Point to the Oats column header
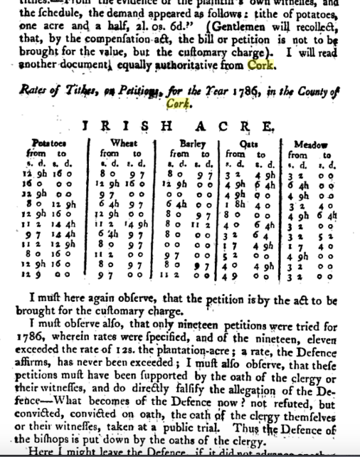click(248, 143)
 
